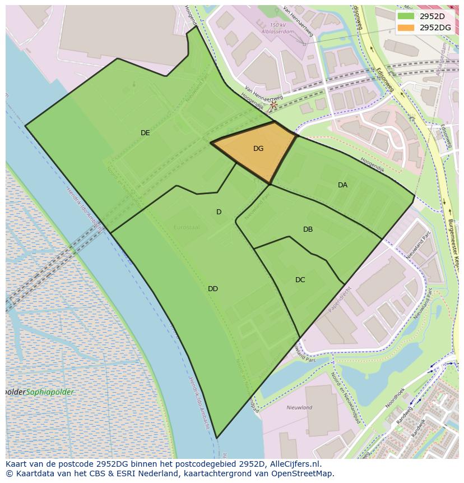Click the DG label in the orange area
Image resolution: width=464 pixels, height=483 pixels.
coord(258,149)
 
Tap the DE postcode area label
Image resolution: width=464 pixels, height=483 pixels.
coord(145,133)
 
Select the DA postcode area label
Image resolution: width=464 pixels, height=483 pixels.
coord(342,185)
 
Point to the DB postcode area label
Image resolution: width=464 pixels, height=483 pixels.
coord(308,229)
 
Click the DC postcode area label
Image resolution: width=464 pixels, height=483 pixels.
coord(300,280)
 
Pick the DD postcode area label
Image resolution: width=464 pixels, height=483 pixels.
coord(213,289)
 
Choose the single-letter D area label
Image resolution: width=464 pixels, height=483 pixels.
coord(219,212)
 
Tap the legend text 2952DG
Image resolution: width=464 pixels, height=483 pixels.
coord(435,27)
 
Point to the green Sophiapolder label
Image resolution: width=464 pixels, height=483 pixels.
coord(50,392)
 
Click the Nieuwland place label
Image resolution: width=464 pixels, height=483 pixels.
coord(299,408)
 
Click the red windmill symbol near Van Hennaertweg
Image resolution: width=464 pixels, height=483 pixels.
coord(273,104)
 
